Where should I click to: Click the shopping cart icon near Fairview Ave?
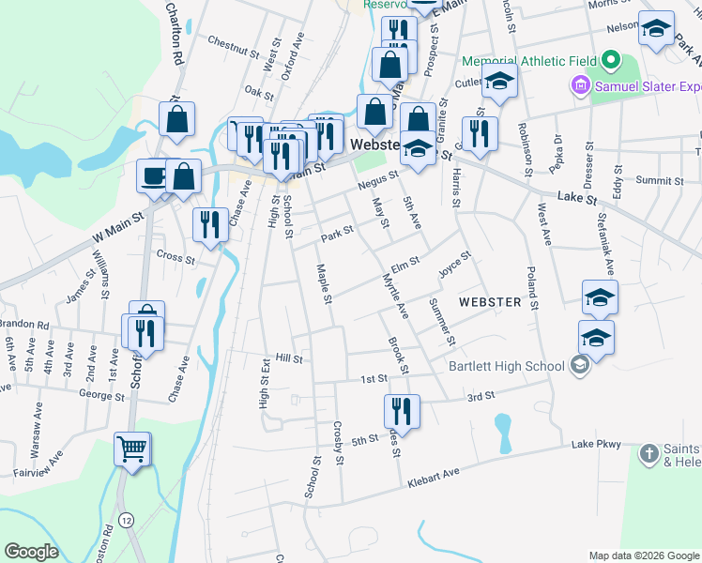click(132, 449)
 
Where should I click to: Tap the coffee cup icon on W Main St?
click(154, 175)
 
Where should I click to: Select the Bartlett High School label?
click(505, 366)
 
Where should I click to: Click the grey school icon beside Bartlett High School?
click(580, 365)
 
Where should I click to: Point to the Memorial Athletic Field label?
click(529, 61)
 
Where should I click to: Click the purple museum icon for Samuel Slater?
click(580, 86)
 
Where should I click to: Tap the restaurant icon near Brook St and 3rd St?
click(402, 410)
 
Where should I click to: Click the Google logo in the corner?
click(31, 552)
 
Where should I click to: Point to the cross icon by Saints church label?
click(649, 455)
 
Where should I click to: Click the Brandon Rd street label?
click(24, 325)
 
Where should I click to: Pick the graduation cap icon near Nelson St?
click(656, 27)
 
